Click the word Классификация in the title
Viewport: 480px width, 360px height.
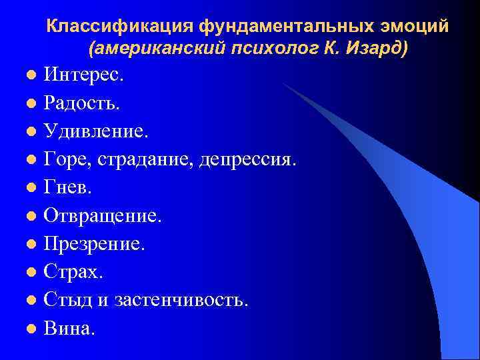pyautogui.click(x=119, y=28)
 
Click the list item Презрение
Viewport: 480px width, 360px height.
pyautogui.click(x=93, y=243)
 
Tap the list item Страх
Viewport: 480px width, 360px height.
pyautogui.click(x=73, y=271)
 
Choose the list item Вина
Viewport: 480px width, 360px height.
pyautogui.click(x=69, y=328)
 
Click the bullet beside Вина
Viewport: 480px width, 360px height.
pyautogui.click(x=31, y=329)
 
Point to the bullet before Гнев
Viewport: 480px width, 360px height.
pyautogui.click(x=31, y=188)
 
